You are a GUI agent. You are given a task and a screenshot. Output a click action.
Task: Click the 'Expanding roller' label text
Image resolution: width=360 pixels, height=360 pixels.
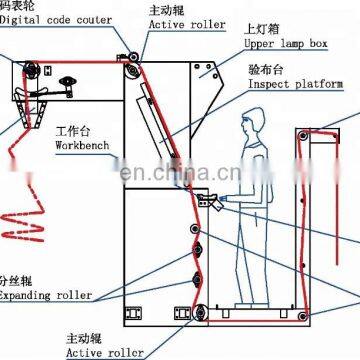tap(45, 296)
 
